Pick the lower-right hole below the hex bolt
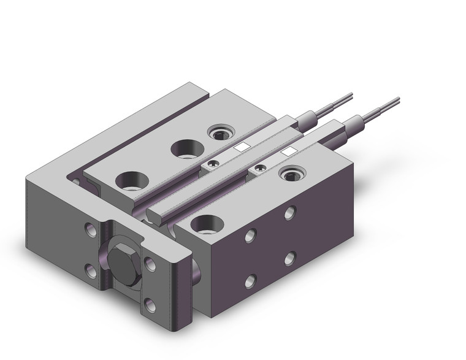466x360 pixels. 150,301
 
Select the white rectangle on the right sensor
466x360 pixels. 288,150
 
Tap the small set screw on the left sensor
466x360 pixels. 213,163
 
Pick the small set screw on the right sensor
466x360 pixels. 261,167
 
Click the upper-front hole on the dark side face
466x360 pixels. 250,236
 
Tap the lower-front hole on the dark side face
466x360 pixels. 250,281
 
